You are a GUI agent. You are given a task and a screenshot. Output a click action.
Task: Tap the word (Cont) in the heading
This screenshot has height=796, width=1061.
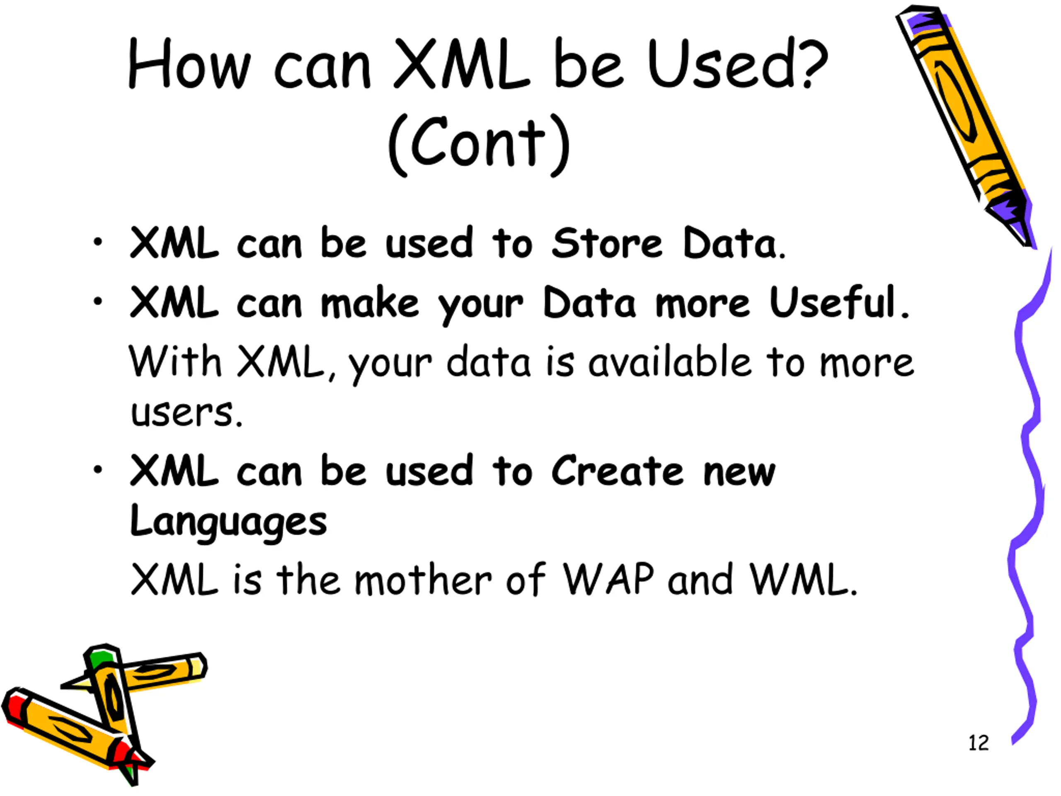click(479, 144)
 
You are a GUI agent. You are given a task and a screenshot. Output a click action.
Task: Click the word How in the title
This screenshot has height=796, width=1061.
click(189, 64)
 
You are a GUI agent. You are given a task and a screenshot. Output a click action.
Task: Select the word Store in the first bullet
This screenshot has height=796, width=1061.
click(607, 243)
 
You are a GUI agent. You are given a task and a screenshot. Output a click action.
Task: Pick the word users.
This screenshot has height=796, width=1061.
click(186, 413)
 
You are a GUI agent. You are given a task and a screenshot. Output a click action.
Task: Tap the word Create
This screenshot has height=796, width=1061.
click(617, 471)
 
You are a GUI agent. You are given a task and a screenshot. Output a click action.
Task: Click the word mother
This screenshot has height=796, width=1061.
click(423, 580)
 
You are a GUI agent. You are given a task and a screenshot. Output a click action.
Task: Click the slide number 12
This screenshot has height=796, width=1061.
click(979, 743)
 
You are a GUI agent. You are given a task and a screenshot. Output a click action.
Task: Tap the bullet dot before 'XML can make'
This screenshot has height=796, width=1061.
click(98, 302)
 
